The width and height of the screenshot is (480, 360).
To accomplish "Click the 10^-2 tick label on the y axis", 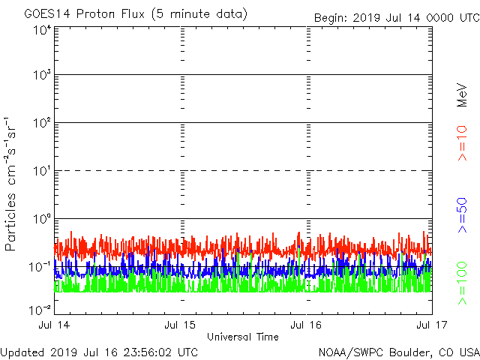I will click(40, 308).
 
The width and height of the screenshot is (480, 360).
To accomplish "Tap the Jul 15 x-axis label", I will click(181, 325).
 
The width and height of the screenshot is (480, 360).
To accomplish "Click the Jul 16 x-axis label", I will click(306, 325).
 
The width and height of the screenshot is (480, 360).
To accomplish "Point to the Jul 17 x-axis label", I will click(431, 325).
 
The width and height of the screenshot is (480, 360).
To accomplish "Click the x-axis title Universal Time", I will click(243, 337).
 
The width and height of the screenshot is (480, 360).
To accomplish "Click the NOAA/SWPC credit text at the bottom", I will click(398, 352).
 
